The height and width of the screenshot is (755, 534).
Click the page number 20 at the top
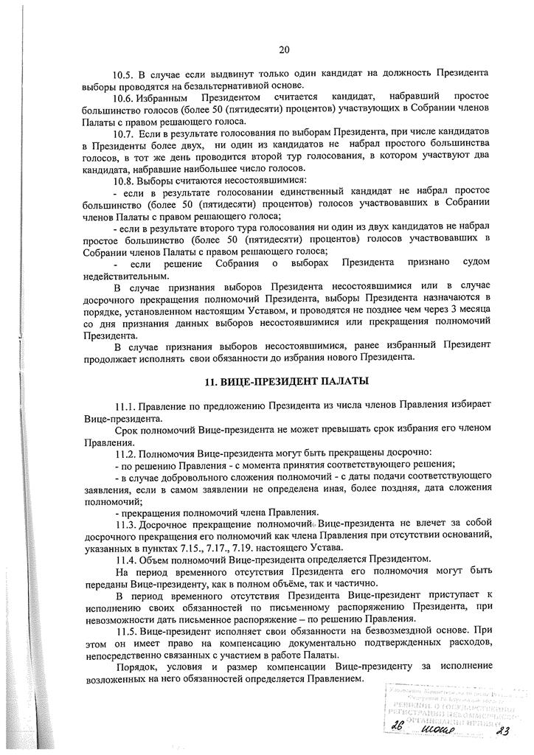[285, 50]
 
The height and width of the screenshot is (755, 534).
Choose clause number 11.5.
[126, 631]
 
